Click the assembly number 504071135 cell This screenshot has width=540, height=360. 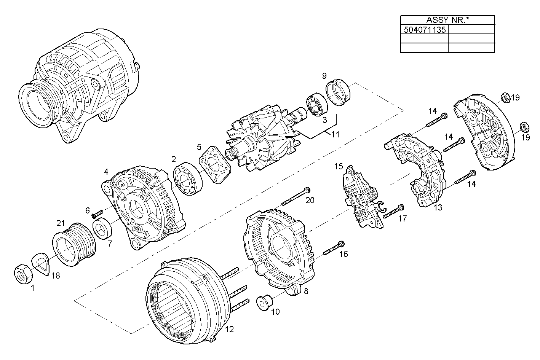point(424,29)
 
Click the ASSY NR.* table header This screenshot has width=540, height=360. point(447,20)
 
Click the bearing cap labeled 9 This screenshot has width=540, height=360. point(339,92)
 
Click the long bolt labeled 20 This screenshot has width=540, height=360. point(296,197)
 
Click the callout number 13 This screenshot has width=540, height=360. point(438,207)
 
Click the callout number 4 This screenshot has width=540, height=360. point(106,172)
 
